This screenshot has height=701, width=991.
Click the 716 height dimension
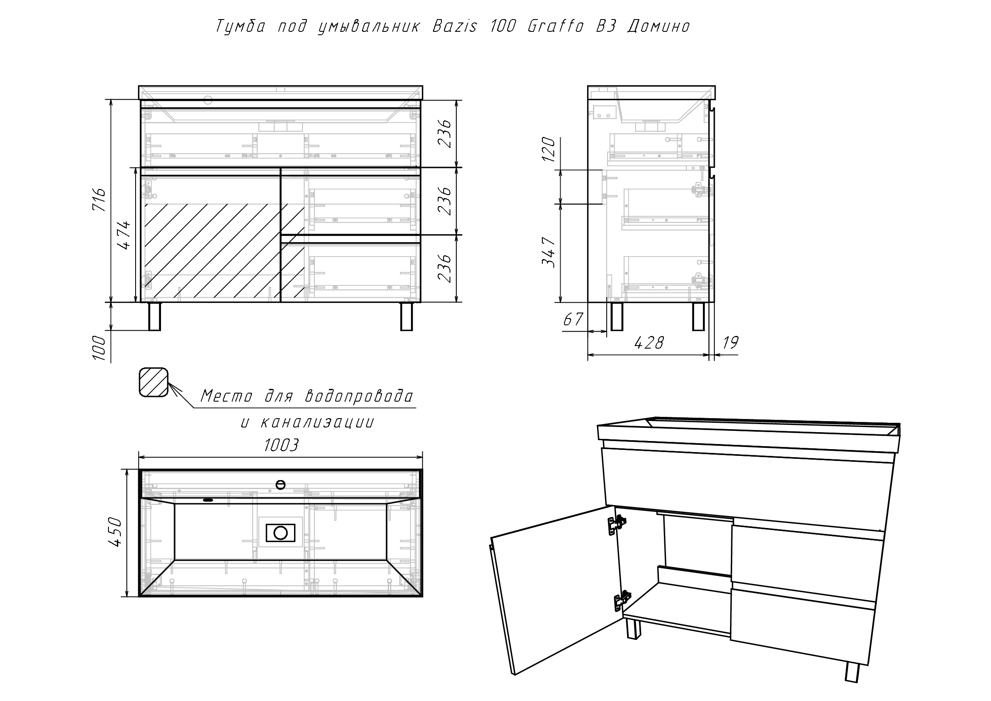coord(99,199)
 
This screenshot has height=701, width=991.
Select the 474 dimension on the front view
coord(124,235)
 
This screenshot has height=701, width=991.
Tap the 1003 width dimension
coord(281,445)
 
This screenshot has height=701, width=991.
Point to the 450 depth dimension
coord(116,532)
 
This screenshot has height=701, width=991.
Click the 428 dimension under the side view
coord(649,343)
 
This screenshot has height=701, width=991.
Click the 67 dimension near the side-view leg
coord(573,320)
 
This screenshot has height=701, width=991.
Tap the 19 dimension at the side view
coord(730,343)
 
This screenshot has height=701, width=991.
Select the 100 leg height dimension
coord(99,348)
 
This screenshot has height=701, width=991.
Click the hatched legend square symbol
coord(153,382)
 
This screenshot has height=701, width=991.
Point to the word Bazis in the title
coord(455,26)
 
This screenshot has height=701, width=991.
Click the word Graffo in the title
coord(555,26)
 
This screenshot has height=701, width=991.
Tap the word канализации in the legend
coord(317,422)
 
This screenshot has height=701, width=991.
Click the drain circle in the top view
coord(280,533)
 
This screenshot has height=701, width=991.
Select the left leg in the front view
coord(155,317)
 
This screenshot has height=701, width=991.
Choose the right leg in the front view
coord(407,317)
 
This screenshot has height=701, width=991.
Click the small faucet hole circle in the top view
coord(280,485)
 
